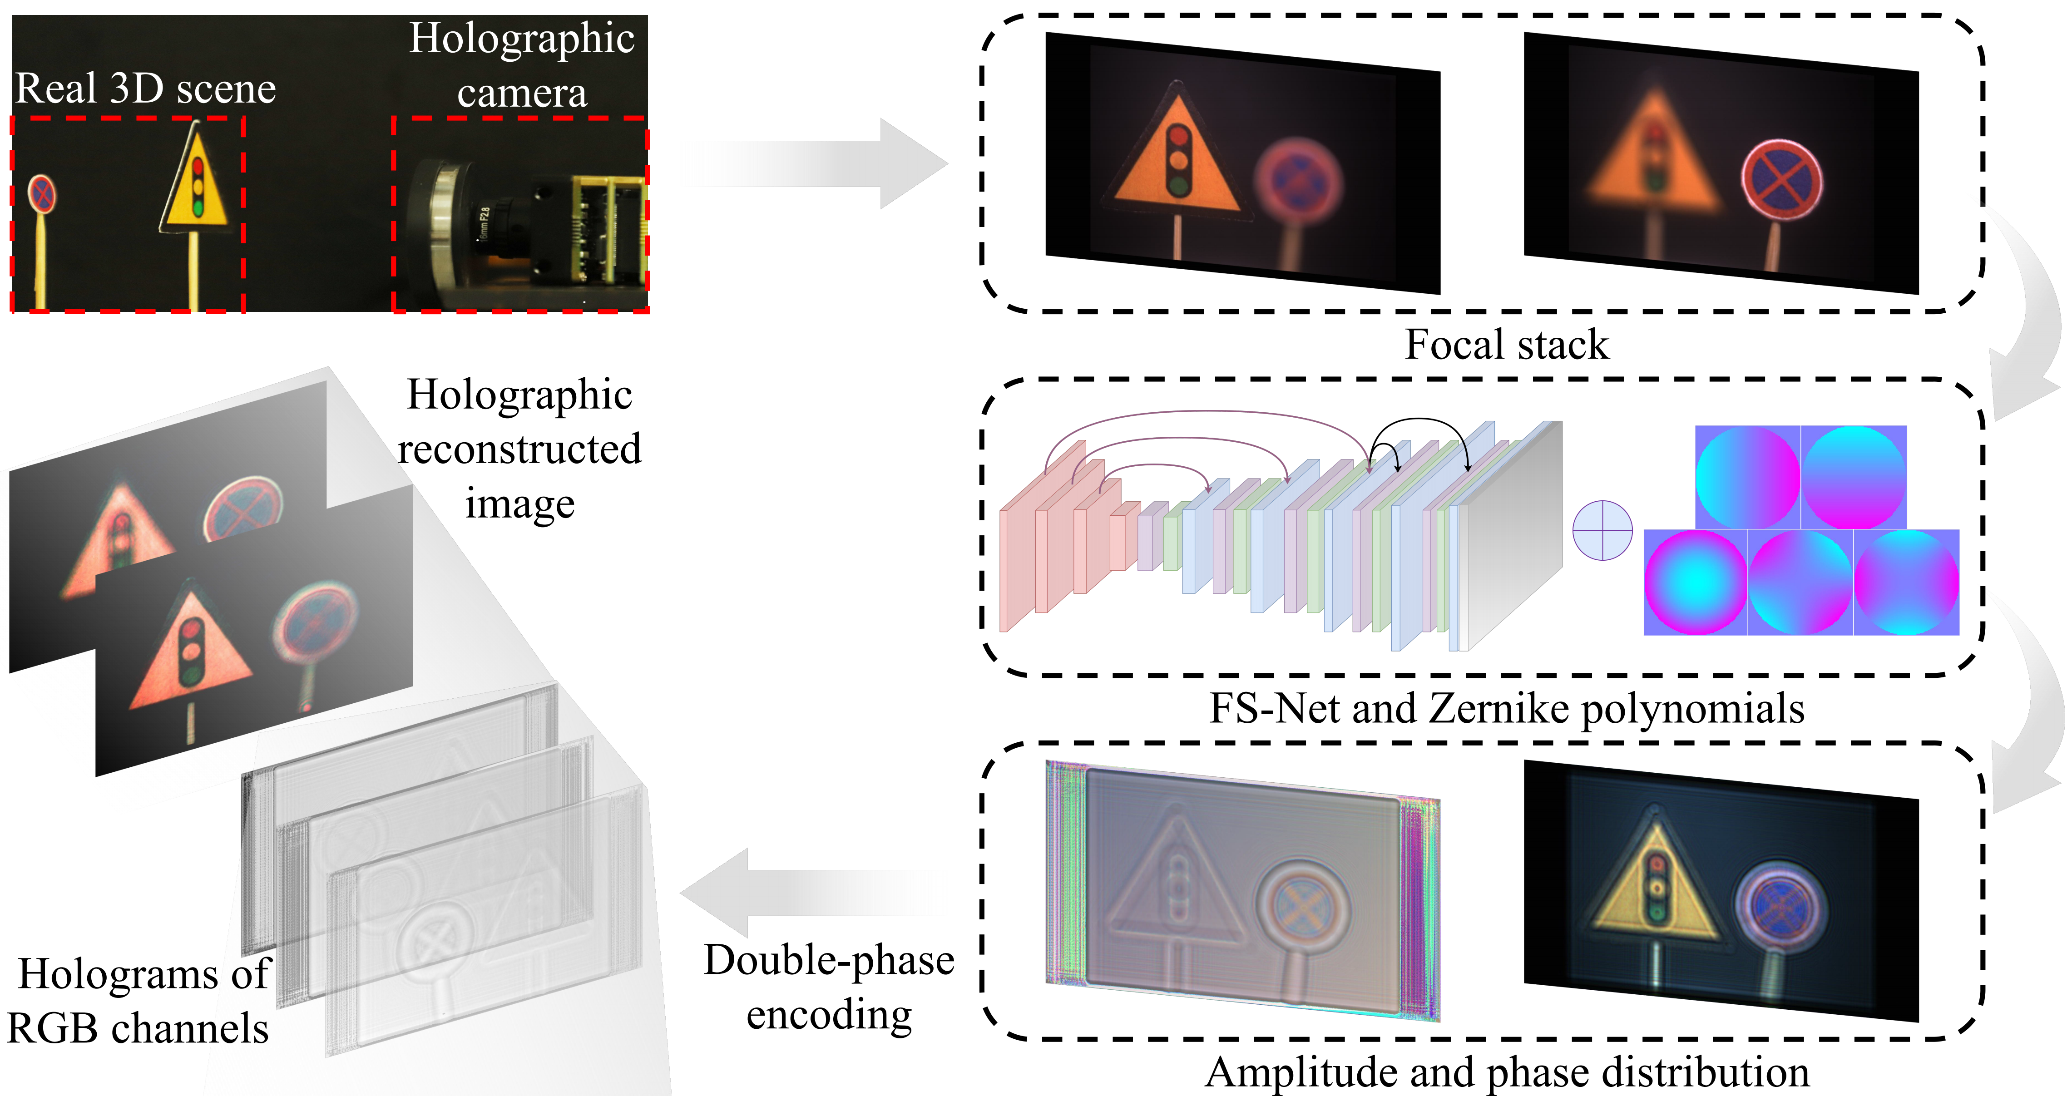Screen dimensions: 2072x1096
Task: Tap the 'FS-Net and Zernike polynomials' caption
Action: coord(1507,708)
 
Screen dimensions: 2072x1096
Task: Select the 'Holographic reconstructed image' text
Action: coord(519,449)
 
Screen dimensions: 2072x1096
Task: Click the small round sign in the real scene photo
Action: coord(42,194)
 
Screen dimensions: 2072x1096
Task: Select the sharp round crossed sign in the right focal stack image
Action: coord(1782,178)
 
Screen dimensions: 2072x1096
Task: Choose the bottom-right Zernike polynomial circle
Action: coord(1906,582)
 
